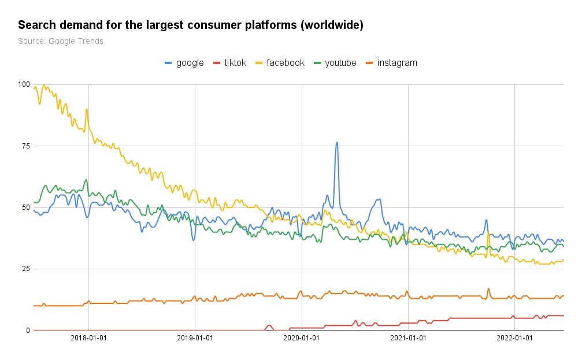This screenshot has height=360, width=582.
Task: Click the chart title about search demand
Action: (191, 26)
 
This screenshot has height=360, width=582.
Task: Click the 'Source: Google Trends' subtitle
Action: (61, 41)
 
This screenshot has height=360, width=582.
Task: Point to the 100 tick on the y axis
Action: (23, 84)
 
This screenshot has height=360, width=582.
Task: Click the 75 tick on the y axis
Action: (25, 146)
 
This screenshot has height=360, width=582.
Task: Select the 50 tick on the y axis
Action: (25, 207)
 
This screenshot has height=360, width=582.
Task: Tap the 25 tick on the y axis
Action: (25, 269)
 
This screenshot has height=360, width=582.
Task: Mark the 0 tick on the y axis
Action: (27, 331)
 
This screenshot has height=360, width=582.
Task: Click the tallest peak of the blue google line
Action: (336, 143)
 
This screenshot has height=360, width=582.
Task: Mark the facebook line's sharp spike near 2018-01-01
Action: (87, 109)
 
